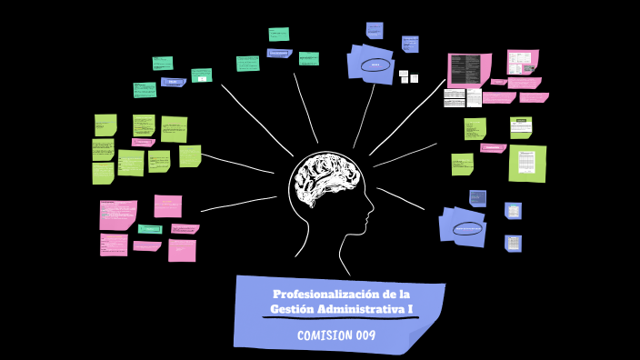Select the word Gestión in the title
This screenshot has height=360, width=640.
[x=291, y=310]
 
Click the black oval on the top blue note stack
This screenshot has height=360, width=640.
[x=375, y=65]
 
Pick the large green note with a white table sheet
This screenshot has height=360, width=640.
[x=526, y=163]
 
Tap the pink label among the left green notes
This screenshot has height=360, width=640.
[x=144, y=143]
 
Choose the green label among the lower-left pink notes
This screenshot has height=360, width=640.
[x=149, y=229]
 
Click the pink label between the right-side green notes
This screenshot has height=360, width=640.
[x=493, y=147]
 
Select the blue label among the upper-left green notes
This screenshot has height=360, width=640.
[x=173, y=82]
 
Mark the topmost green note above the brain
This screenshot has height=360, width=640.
[x=279, y=35]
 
